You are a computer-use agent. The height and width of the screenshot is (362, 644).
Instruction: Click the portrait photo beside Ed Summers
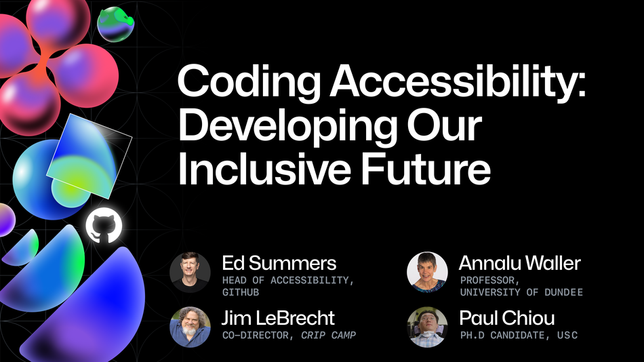(190, 273)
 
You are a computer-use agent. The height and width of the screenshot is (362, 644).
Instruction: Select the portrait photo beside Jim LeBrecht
(190, 327)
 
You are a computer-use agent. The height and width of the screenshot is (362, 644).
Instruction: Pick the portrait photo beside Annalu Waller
(427, 273)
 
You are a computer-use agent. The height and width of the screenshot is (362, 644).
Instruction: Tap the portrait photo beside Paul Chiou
(427, 327)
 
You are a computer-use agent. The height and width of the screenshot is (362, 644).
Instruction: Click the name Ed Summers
(279, 263)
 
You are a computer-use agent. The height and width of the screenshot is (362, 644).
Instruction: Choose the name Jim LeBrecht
(278, 317)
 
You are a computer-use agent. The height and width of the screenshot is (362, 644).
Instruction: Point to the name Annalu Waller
(519, 263)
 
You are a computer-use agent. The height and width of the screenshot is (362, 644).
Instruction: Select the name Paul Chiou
(507, 317)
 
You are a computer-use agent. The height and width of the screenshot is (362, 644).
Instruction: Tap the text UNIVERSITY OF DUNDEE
(521, 292)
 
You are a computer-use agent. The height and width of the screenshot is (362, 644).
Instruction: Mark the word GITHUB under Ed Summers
(241, 292)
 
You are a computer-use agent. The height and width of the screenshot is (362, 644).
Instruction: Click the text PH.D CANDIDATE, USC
(519, 335)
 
